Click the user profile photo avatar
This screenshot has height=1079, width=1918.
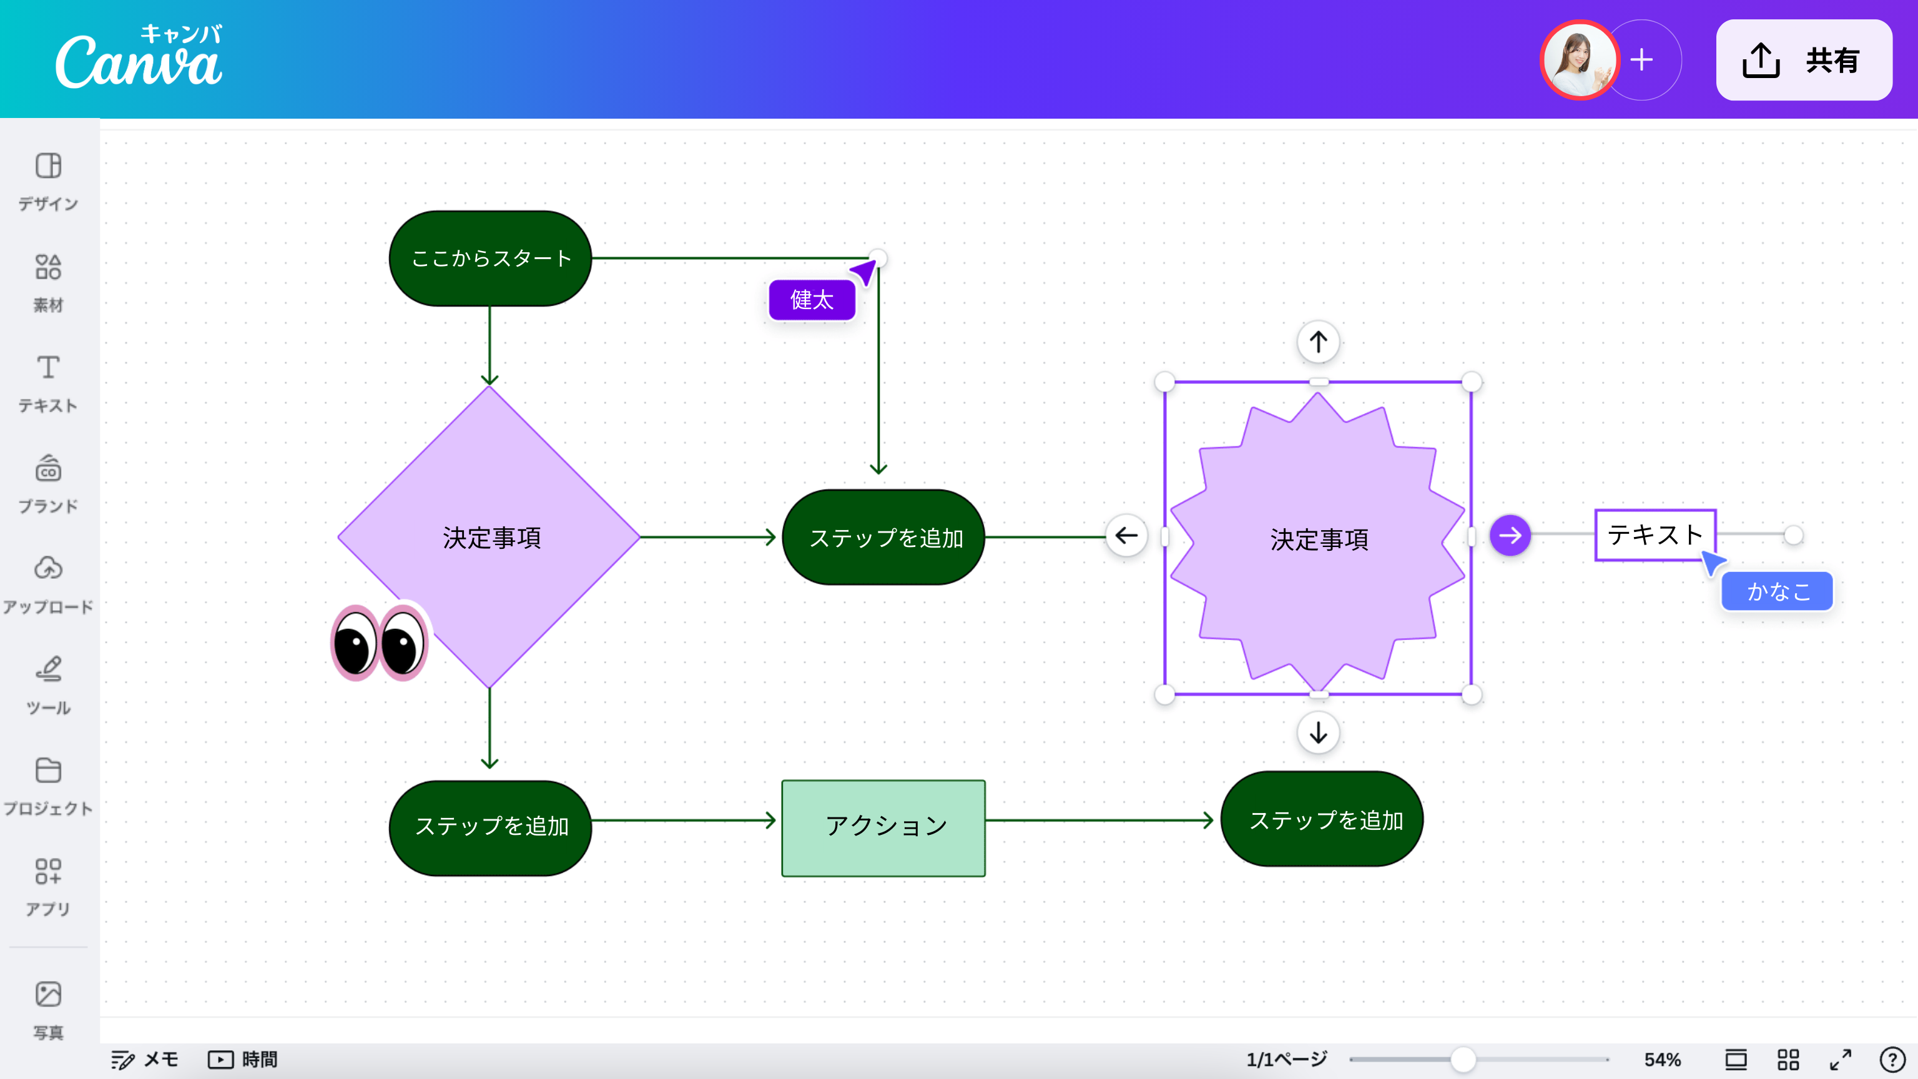click(x=1578, y=59)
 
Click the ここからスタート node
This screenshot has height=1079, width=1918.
click(x=490, y=259)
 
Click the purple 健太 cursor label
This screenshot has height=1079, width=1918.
click(x=812, y=300)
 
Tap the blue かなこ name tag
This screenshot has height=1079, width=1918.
click(x=1778, y=591)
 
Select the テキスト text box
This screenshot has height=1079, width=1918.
click(x=1655, y=535)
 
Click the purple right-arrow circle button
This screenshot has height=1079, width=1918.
click(x=1510, y=535)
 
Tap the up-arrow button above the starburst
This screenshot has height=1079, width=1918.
click(x=1319, y=342)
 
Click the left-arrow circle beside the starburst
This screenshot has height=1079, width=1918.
click(x=1126, y=535)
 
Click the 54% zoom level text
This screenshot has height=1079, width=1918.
click(x=1662, y=1059)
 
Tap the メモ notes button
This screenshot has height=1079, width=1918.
click(x=145, y=1059)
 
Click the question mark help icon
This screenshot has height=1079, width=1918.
click(x=1892, y=1059)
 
